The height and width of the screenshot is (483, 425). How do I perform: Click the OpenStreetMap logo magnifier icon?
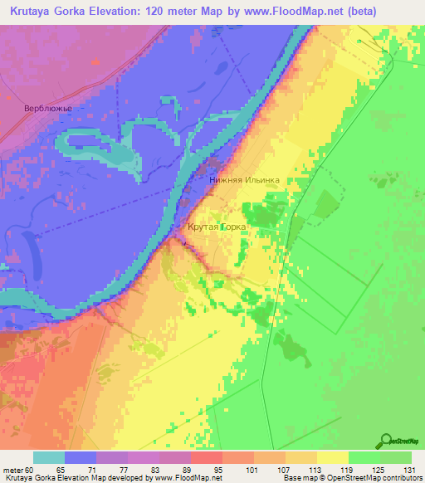(387, 441)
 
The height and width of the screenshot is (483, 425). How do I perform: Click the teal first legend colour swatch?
(49, 457)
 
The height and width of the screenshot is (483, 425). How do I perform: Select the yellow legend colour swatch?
(333, 457)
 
